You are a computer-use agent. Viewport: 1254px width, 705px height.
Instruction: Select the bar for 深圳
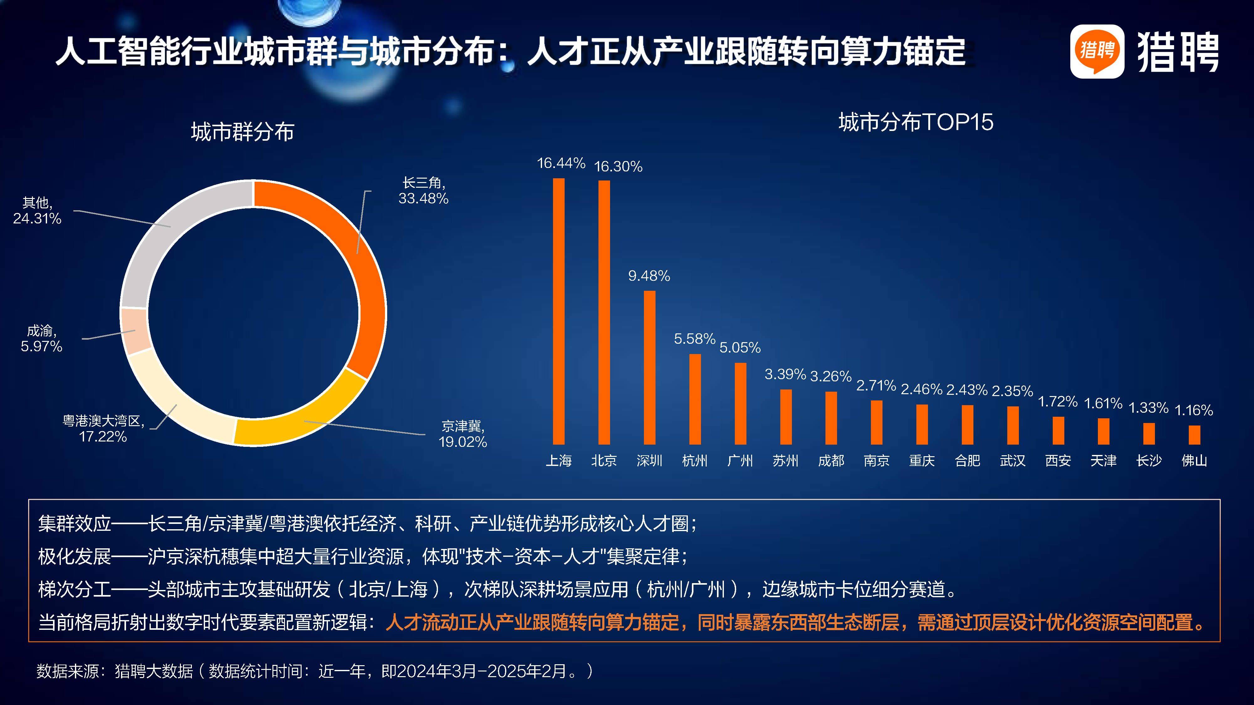pyautogui.click(x=649, y=367)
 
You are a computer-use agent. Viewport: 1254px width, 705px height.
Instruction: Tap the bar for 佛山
pyautogui.click(x=1194, y=435)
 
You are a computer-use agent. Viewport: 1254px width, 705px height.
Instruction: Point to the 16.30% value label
pyautogui.click(x=618, y=166)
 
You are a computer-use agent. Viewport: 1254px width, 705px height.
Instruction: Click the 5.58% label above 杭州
pyautogui.click(x=694, y=339)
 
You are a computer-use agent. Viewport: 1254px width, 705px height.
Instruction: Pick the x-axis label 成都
pyautogui.click(x=831, y=460)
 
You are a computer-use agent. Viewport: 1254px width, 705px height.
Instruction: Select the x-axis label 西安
pyautogui.click(x=1058, y=460)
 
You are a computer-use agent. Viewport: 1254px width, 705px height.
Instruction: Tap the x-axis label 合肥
pyautogui.click(x=967, y=460)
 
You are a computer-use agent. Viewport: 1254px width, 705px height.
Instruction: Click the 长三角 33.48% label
pyautogui.click(x=423, y=191)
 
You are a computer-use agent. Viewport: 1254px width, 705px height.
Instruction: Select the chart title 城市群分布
pyautogui.click(x=242, y=131)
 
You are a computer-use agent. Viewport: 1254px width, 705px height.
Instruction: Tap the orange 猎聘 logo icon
pyautogui.click(x=1097, y=51)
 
